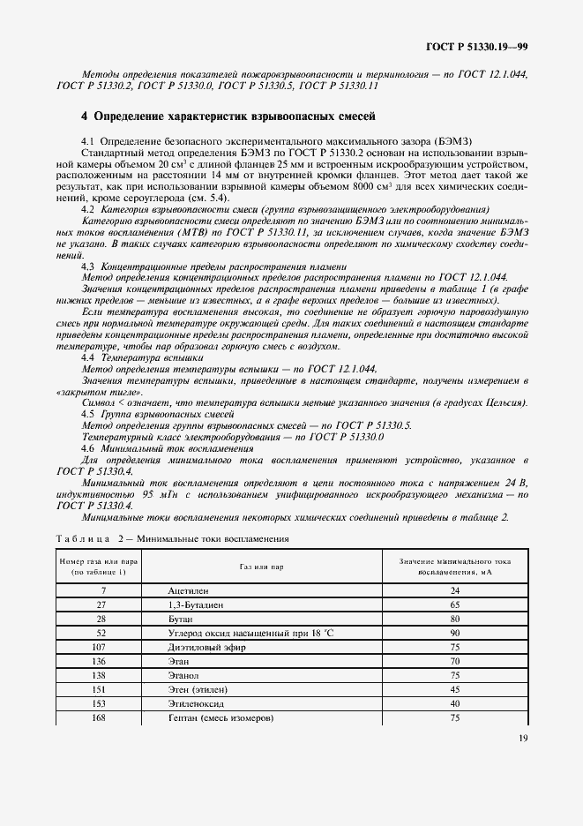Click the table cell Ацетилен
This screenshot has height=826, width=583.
(x=189, y=589)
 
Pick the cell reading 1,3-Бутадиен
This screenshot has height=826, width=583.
(x=196, y=605)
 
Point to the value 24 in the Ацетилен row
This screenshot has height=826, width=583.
(x=455, y=589)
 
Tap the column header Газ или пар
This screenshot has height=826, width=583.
(x=260, y=566)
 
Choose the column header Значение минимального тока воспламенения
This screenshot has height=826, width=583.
(x=455, y=566)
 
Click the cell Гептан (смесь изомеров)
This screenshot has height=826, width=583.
(x=220, y=717)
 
